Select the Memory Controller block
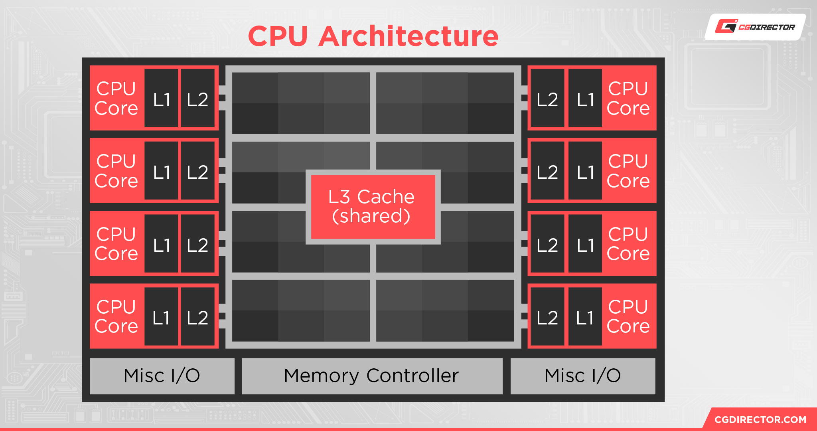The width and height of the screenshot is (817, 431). pos(372,376)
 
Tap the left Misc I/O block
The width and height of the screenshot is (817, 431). pos(162,376)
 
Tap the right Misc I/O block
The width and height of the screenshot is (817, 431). pos(582,376)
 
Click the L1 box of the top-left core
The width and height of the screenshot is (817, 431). pos(161,99)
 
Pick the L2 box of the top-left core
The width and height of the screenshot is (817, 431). pos(197,99)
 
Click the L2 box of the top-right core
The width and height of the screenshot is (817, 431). pos(547,99)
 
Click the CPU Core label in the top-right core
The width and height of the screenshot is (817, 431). pos(628,99)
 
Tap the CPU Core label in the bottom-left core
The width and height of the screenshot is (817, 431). pos(116,316)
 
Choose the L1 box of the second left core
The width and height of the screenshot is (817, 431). pos(161,171)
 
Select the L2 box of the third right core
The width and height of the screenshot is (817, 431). pos(547,244)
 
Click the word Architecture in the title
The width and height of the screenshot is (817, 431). pos(408,37)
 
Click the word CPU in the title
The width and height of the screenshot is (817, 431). pos(278,37)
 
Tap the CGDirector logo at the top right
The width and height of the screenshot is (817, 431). pos(755,27)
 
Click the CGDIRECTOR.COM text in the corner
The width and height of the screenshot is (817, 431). pos(760,419)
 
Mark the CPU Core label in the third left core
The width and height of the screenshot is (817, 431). pos(116,244)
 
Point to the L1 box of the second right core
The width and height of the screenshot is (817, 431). pos(585,171)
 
